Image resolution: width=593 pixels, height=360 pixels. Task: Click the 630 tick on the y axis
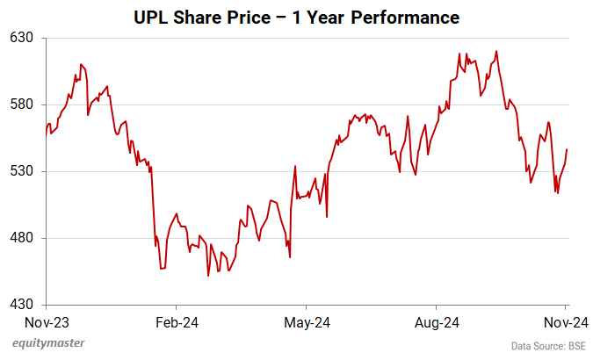(x=22, y=38)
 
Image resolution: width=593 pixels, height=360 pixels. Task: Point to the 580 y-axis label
(x=22, y=104)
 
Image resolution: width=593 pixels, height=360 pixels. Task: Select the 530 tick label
(x=22, y=171)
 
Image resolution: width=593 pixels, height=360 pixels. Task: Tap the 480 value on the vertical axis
(x=22, y=238)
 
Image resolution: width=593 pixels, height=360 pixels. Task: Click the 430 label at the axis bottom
(x=22, y=305)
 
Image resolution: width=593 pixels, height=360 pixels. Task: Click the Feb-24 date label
(x=177, y=322)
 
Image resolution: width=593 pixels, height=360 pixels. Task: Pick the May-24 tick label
(x=306, y=322)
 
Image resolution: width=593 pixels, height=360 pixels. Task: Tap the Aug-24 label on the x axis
(x=437, y=322)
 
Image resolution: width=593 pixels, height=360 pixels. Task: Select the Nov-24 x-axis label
(x=565, y=322)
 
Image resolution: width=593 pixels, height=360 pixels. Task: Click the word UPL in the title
(x=149, y=17)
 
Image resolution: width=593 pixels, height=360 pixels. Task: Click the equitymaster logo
(x=48, y=343)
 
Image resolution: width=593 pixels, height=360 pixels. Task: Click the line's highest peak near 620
(x=497, y=51)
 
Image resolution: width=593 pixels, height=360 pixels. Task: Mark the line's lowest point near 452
(x=208, y=276)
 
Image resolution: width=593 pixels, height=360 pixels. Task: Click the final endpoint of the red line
(x=567, y=149)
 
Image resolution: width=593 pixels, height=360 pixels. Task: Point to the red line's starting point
(x=47, y=135)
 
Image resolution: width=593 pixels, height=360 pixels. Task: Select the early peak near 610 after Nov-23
(x=81, y=64)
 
